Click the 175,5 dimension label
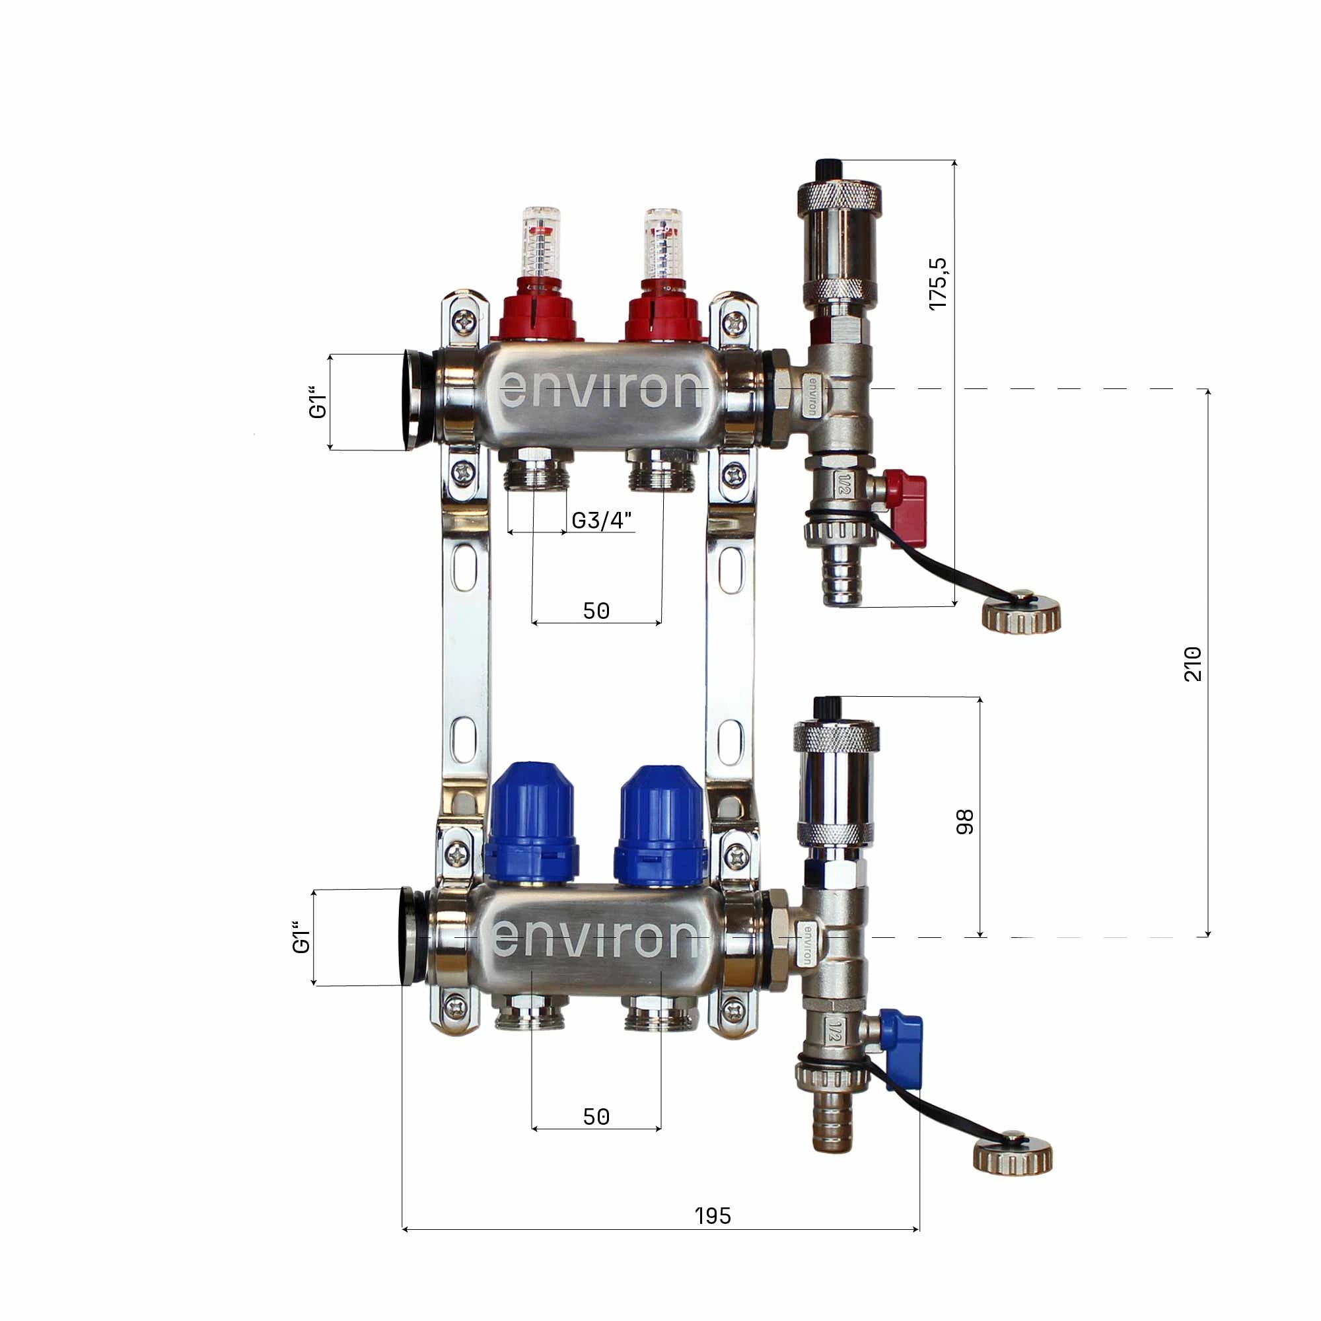pyautogui.click(x=938, y=284)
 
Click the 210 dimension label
pyautogui.click(x=1192, y=663)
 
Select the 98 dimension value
pyautogui.click(x=964, y=822)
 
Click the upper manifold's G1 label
pyautogui.click(x=318, y=403)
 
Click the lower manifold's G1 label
pyautogui.click(x=301, y=937)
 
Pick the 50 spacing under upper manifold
pyautogui.click(x=596, y=610)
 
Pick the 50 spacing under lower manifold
pyautogui.click(x=596, y=1116)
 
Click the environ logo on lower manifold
pyautogui.click(x=595, y=938)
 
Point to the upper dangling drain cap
pyautogui.click(x=1022, y=612)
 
